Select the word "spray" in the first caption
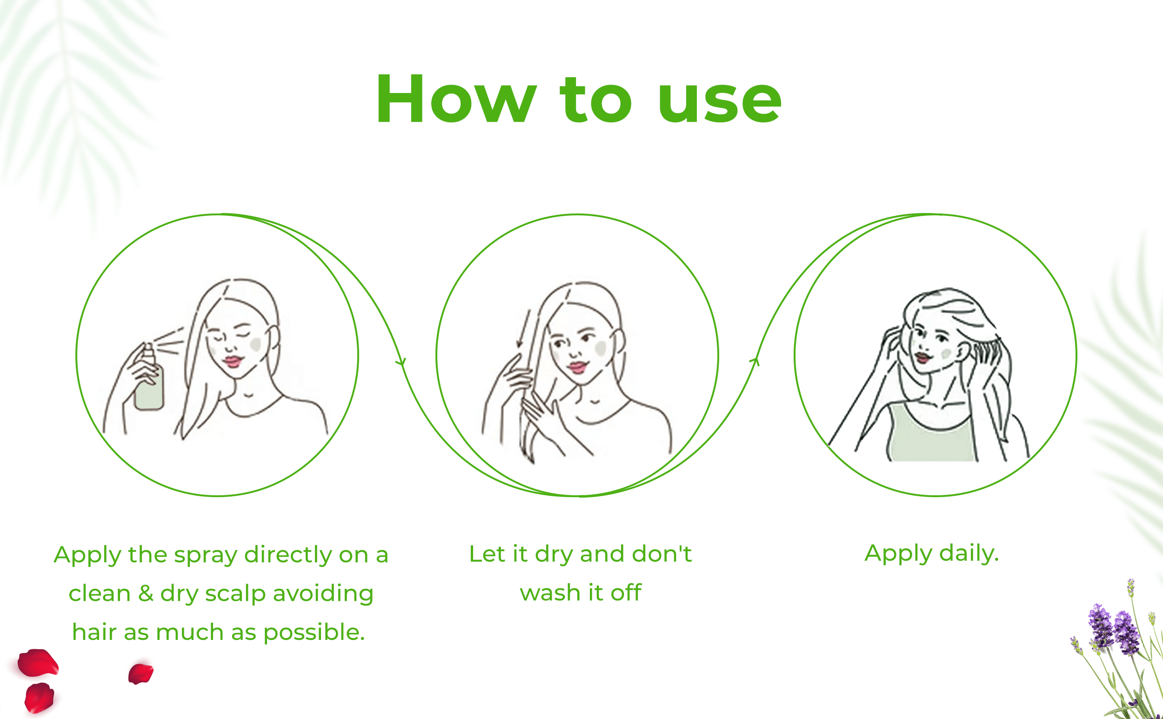click(206, 555)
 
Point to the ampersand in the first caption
click(146, 593)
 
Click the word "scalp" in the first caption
click(235, 594)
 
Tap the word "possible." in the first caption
click(314, 633)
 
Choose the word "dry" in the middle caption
click(553, 554)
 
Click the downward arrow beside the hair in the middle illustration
click(523, 329)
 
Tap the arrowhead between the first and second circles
click(401, 362)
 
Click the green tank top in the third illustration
click(930, 435)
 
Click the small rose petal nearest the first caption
click(141, 673)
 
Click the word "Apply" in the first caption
click(87, 555)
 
